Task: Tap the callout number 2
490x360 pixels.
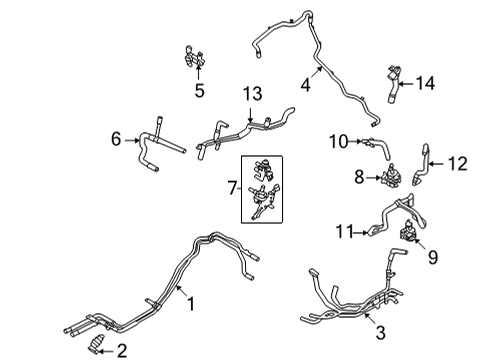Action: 122,349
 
